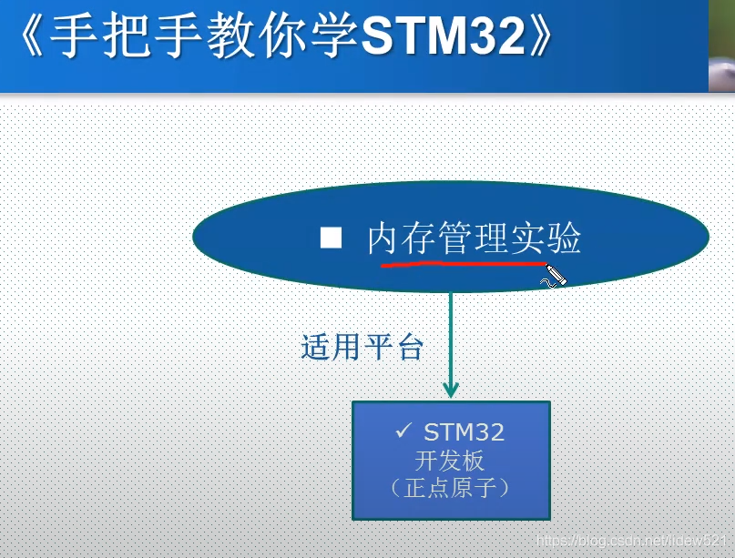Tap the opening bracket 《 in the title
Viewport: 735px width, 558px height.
(33, 36)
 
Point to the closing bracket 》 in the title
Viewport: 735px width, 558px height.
(540, 36)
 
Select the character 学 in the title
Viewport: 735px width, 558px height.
(335, 36)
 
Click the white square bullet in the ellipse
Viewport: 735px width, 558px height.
(331, 237)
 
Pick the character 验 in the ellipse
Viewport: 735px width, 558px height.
(565, 238)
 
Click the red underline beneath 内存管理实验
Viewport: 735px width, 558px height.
(464, 265)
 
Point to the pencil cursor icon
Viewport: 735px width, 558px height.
(554, 277)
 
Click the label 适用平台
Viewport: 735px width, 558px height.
(362, 347)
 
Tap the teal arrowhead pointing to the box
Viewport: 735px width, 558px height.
(451, 390)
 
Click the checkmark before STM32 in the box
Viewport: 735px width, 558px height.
(403, 430)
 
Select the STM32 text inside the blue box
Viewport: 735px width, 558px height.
(464, 432)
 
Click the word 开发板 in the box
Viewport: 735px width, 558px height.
(449, 461)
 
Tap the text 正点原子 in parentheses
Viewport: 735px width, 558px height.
(450, 488)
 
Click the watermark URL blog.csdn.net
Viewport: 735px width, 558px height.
(630, 540)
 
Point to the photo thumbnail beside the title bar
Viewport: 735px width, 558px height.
(721, 46)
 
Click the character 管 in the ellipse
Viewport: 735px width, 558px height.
(455, 238)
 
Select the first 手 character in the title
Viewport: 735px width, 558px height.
(74, 36)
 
